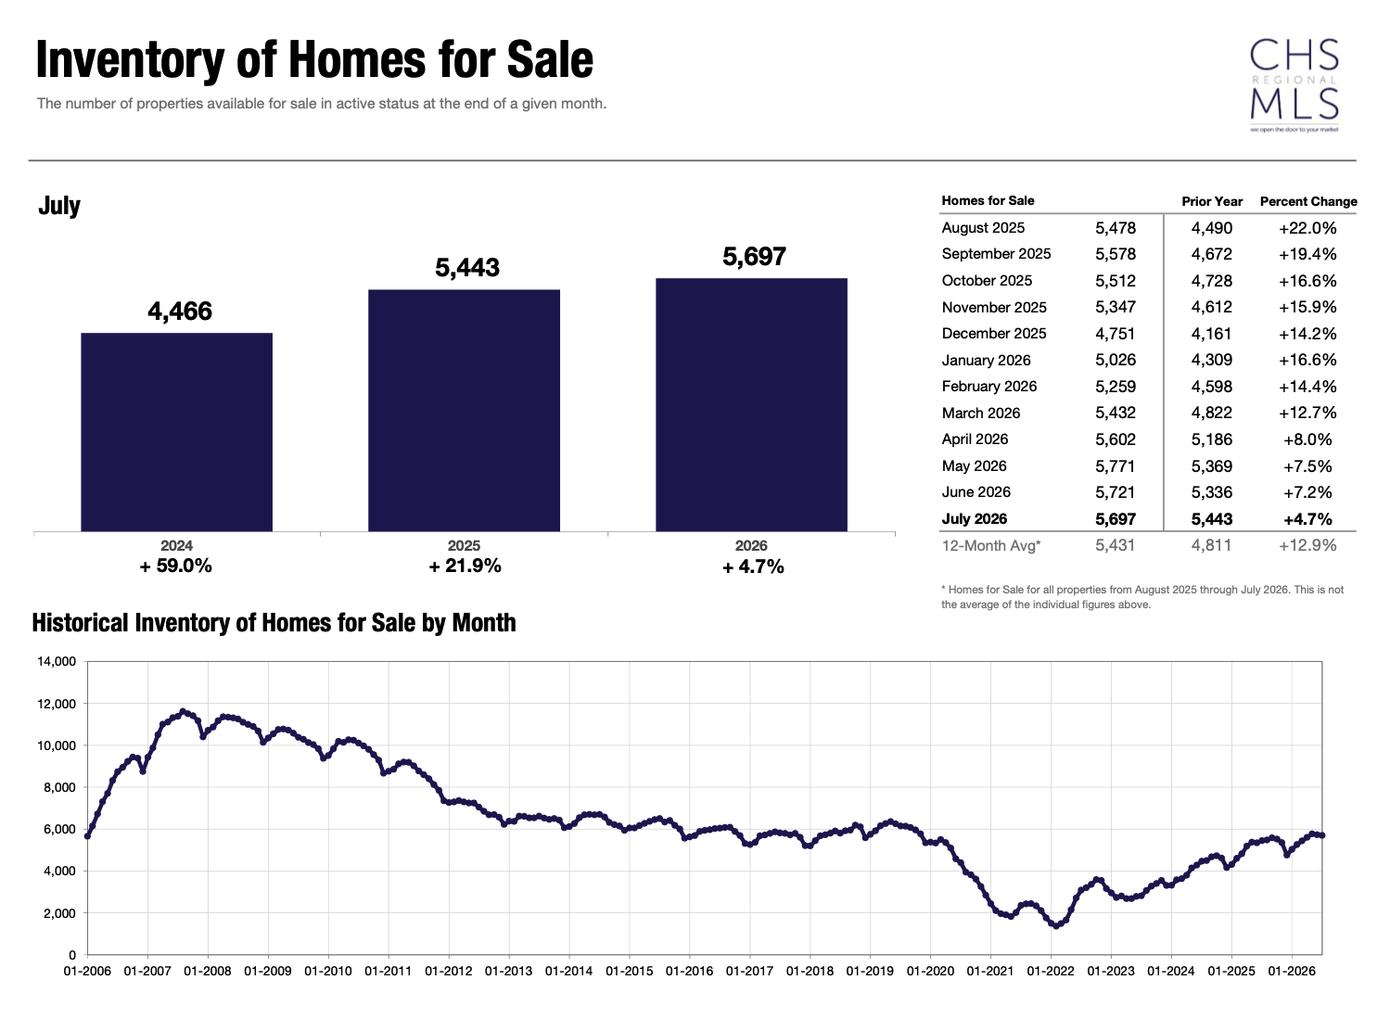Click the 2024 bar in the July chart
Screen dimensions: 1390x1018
tap(176, 432)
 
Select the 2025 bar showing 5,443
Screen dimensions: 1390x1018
tap(464, 410)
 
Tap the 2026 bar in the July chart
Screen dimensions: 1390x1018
tap(751, 404)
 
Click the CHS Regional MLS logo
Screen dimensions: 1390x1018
tap(1294, 85)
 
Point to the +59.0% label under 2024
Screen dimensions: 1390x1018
tap(176, 566)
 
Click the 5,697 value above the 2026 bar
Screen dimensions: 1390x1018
tap(754, 256)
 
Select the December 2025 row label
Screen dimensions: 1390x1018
tap(993, 333)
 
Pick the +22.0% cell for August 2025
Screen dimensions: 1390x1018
tap(1307, 228)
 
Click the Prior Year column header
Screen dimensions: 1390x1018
tap(1211, 201)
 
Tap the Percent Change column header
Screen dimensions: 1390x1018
tap(1308, 201)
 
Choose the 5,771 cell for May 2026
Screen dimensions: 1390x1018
tap(1116, 465)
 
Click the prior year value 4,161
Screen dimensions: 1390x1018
tap(1211, 333)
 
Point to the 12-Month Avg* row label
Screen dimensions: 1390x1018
tap(991, 546)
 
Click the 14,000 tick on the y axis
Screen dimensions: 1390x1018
tap(57, 661)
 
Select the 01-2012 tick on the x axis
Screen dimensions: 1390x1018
tap(448, 971)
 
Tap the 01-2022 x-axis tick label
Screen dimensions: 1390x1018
tap(1050, 971)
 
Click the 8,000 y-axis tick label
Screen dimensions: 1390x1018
tap(59, 787)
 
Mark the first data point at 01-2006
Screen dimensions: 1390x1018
tap(87, 835)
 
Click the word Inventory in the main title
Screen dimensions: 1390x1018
tap(129, 60)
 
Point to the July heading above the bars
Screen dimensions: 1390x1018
tap(59, 205)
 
